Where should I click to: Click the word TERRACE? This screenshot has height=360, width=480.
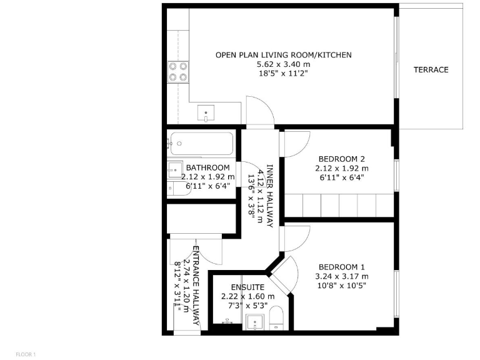point(431,70)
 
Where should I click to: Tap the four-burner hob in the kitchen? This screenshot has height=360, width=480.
point(178,72)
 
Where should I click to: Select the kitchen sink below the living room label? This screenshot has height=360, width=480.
point(206,114)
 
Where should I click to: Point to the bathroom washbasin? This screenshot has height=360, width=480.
point(173,169)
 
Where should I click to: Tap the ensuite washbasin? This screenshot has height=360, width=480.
point(254,322)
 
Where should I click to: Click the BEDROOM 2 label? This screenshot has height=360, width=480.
point(341,159)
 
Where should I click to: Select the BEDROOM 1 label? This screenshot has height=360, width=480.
point(341,267)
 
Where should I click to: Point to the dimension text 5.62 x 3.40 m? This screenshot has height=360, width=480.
point(283,64)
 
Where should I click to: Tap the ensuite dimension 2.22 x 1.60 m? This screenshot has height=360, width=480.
point(247,296)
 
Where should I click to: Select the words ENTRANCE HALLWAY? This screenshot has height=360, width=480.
point(196,285)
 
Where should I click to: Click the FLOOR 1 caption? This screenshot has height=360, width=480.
point(26,354)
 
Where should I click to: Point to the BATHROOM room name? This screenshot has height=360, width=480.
point(207,168)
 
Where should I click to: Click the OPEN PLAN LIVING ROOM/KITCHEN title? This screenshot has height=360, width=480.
point(283,55)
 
